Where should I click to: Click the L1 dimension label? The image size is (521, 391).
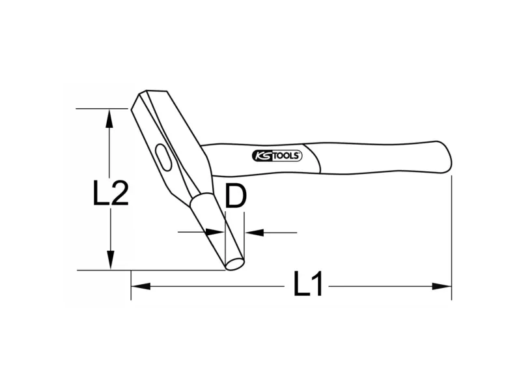308,283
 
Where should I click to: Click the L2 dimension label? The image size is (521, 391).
110,193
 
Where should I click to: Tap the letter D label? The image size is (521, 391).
236,196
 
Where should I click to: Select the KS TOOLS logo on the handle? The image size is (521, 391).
277,156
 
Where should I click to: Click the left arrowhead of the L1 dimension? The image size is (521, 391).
141,286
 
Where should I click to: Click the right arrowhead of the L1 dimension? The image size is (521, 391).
442,286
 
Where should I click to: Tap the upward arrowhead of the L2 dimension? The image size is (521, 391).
109,119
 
